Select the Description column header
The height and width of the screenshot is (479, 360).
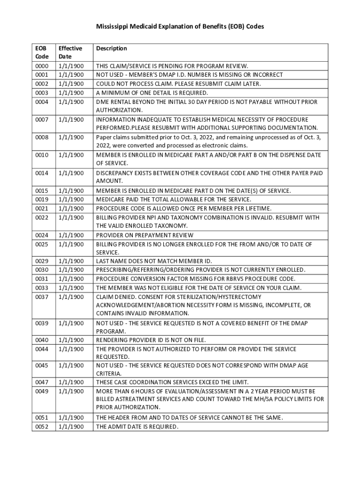pyautogui.click(x=111, y=49)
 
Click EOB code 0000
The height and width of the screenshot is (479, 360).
pyautogui.click(x=42, y=66)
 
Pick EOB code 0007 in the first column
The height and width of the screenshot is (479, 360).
pyautogui.click(x=42, y=120)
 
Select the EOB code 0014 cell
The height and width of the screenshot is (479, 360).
pyautogui.click(x=42, y=173)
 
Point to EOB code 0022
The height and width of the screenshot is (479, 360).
pyautogui.click(x=42, y=218)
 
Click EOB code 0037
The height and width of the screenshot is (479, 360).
pyautogui.click(x=42, y=297)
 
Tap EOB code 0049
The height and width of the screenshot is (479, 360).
pyautogui.click(x=42, y=391)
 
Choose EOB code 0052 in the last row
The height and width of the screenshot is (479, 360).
pyautogui.click(x=42, y=427)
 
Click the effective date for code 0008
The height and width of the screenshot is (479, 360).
pyautogui.click(x=71, y=137)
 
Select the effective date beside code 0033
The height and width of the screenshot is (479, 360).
pyautogui.click(x=71, y=288)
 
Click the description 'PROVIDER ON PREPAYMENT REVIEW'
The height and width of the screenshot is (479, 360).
pyautogui.click(x=144, y=235)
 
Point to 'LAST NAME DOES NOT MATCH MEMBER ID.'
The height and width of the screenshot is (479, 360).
pyautogui.click(x=154, y=261)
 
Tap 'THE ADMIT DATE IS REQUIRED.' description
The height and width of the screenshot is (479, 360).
pyautogui.click(x=137, y=427)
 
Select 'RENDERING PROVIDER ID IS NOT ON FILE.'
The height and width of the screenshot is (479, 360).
pyautogui.click(x=151, y=340)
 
